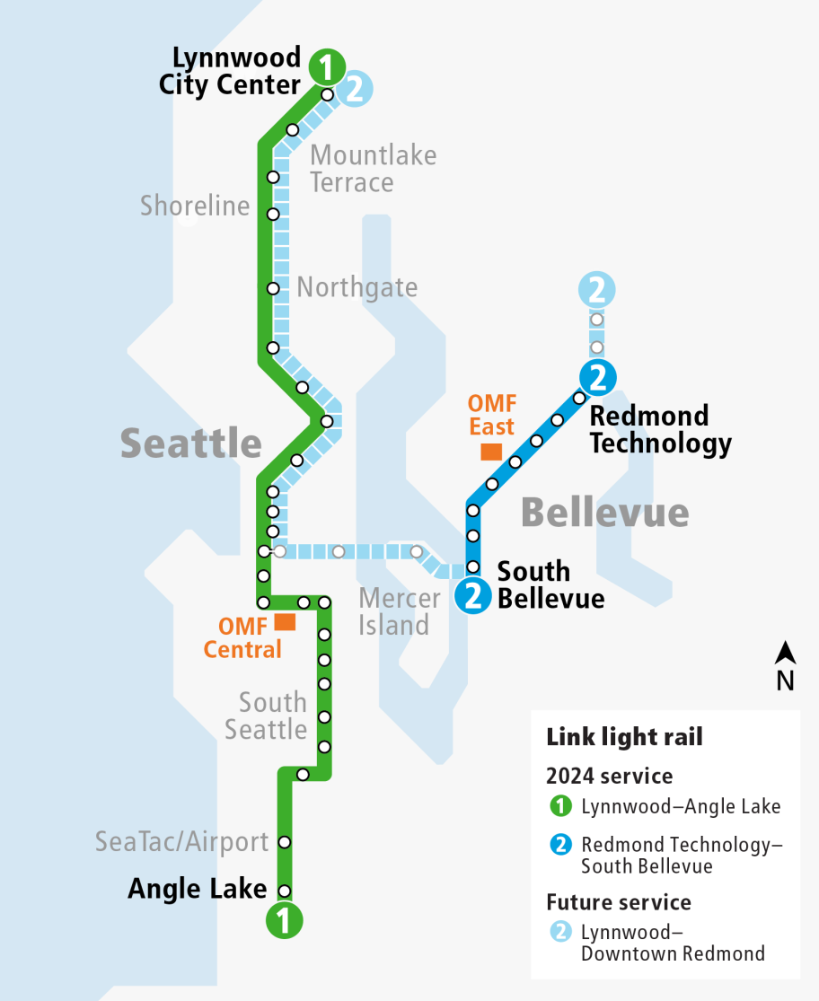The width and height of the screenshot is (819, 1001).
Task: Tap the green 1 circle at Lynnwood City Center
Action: coord(327,66)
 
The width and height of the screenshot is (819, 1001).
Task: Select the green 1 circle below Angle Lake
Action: coord(285,920)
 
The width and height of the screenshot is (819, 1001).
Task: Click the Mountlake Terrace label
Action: coord(373,169)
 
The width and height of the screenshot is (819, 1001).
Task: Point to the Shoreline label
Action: coord(195,206)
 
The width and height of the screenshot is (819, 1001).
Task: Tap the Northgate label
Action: coord(357,287)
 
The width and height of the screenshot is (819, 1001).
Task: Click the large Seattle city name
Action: coord(191,443)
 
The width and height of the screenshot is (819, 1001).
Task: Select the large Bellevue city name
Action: coord(604,513)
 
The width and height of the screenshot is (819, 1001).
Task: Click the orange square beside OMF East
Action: coord(490,451)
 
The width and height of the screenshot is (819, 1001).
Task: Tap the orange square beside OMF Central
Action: coord(286,621)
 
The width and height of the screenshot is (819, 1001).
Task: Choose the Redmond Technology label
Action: coord(660,429)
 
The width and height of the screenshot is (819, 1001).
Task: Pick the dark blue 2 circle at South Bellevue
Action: coord(472,595)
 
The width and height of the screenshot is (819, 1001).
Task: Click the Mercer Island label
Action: coord(400,611)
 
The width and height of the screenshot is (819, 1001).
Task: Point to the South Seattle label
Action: coord(266,716)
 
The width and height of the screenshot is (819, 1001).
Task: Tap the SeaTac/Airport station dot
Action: coord(285,842)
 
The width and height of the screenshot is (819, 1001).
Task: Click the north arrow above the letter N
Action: coord(786,653)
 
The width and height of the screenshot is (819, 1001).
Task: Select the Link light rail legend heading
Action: coord(624,737)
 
